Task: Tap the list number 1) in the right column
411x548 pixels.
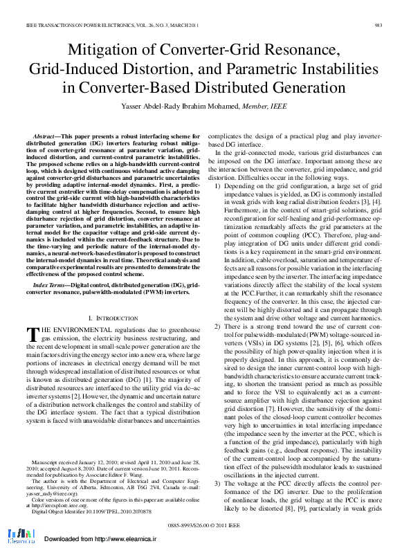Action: pos(217,188)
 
